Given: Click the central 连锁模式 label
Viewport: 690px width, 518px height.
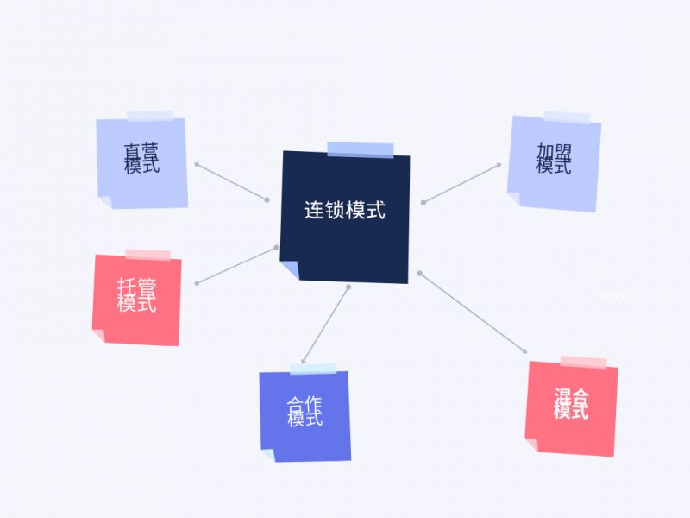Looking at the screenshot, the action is (344, 210).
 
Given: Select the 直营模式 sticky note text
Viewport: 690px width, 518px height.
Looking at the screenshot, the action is (141, 159).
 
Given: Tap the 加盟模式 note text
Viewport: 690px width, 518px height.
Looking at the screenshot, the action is (554, 159).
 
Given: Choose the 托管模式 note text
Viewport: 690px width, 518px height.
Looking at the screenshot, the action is (137, 295).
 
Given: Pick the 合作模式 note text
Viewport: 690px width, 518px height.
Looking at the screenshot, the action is (305, 411).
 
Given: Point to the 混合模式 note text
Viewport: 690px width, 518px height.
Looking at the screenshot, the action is (571, 404).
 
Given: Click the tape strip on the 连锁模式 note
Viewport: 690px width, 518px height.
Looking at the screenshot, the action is (360, 150).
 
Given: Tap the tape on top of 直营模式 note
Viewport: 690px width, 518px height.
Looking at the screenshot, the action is (149, 116).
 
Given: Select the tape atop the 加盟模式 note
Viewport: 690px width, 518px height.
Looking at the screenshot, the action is (567, 117).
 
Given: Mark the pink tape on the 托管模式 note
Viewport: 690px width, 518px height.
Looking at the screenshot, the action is (147, 255).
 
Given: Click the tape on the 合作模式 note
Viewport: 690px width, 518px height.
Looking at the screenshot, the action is (312, 369).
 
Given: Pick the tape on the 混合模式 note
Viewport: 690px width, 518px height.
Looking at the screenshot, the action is (583, 362).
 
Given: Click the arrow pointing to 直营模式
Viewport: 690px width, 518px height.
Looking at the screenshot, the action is (230, 181).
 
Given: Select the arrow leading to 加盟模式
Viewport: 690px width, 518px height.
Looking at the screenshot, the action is (462, 183).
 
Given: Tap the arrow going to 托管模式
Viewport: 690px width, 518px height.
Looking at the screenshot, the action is (235, 266).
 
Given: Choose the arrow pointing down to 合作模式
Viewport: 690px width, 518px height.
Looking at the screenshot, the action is (325, 325).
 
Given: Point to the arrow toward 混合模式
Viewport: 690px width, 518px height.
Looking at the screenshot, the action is (473, 313).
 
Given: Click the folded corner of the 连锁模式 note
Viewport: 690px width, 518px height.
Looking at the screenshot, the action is (291, 269).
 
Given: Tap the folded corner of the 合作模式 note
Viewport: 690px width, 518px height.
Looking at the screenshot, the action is (267, 455).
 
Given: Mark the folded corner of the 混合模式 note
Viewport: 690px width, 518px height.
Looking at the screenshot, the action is (531, 445).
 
